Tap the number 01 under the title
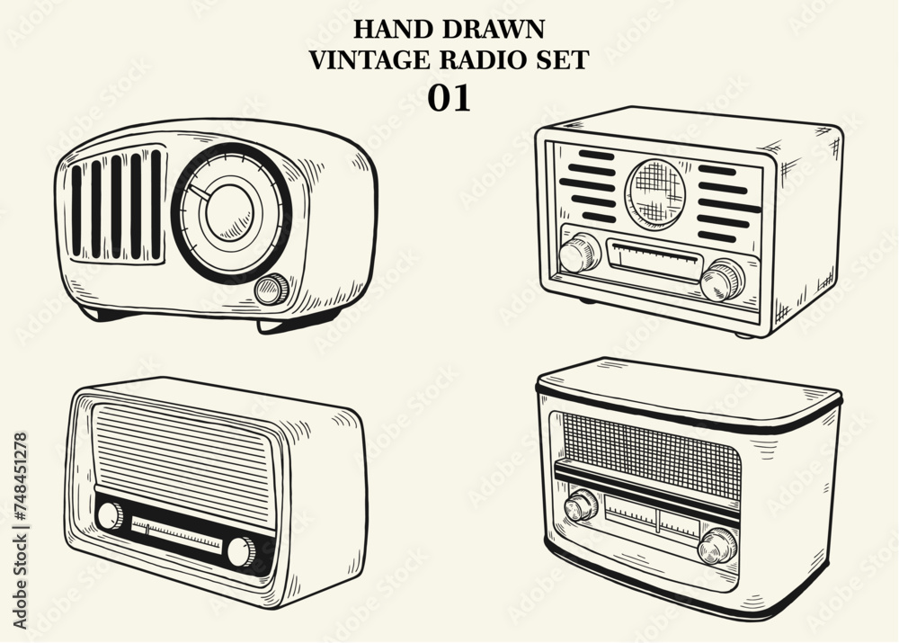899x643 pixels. [x=449, y=98]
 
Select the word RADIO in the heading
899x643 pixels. [x=477, y=60]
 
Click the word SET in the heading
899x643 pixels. [x=563, y=60]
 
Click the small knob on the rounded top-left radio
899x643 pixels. [x=271, y=290]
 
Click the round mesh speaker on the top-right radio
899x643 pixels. [x=655, y=192]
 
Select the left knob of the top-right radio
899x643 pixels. [x=580, y=253]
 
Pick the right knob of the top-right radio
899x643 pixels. [x=723, y=280]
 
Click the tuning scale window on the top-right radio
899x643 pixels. [x=654, y=259]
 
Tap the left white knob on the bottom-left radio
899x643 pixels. [x=110, y=515]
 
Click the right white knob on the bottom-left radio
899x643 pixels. [x=241, y=552]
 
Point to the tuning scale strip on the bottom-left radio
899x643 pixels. [x=176, y=534]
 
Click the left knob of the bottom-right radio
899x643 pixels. [x=581, y=505]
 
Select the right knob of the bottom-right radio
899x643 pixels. [x=717, y=546]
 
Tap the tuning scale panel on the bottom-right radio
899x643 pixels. [x=653, y=515]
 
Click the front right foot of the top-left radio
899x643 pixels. [x=280, y=326]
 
